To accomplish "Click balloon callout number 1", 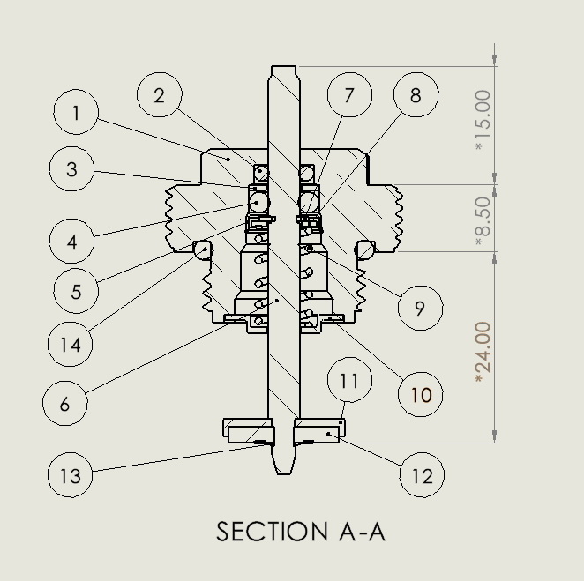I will tap(76, 113).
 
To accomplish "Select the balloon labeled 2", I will tap(160, 95).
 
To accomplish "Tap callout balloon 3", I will tap(72, 169).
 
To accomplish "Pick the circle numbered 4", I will tap(72, 241).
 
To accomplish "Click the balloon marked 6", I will tap(65, 404).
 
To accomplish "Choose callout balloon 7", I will tap(349, 94).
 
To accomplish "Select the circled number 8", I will tap(416, 94).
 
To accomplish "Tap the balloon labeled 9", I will tap(420, 308).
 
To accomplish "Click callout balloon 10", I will tap(421, 393).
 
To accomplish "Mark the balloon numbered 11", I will tap(349, 381).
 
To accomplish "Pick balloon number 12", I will tap(422, 475).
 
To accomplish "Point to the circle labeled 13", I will tap(70, 475).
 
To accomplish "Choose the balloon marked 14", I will tap(71, 345).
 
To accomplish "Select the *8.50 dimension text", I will tap(483, 220).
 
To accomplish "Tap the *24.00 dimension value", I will tap(483, 352).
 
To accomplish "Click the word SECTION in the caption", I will tap(271, 533).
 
